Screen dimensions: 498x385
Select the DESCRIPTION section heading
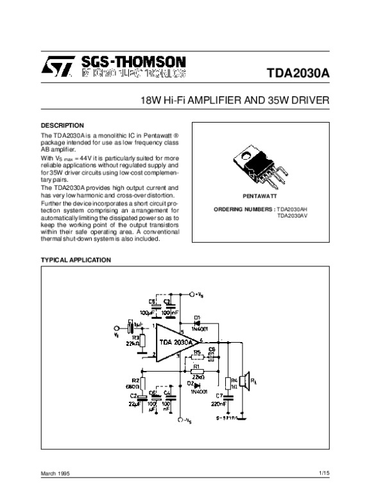tap(62, 125)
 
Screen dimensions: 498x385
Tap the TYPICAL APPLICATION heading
tap(76, 260)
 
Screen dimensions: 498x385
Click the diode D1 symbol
tap(196, 323)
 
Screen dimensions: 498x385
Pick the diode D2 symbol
tap(196, 384)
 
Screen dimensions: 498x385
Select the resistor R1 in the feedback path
tap(196, 371)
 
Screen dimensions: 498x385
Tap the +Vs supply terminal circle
tap(192, 295)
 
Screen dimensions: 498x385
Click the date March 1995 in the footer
tap(56, 474)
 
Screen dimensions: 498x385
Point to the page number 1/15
tap(323, 473)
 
